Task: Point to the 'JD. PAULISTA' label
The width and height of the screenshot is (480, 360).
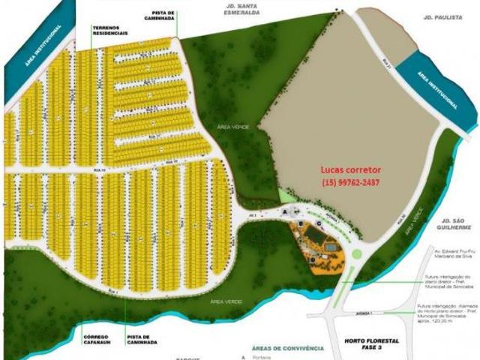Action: [x=438, y=16]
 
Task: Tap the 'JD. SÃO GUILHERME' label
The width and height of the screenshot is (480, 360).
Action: [x=455, y=223]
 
